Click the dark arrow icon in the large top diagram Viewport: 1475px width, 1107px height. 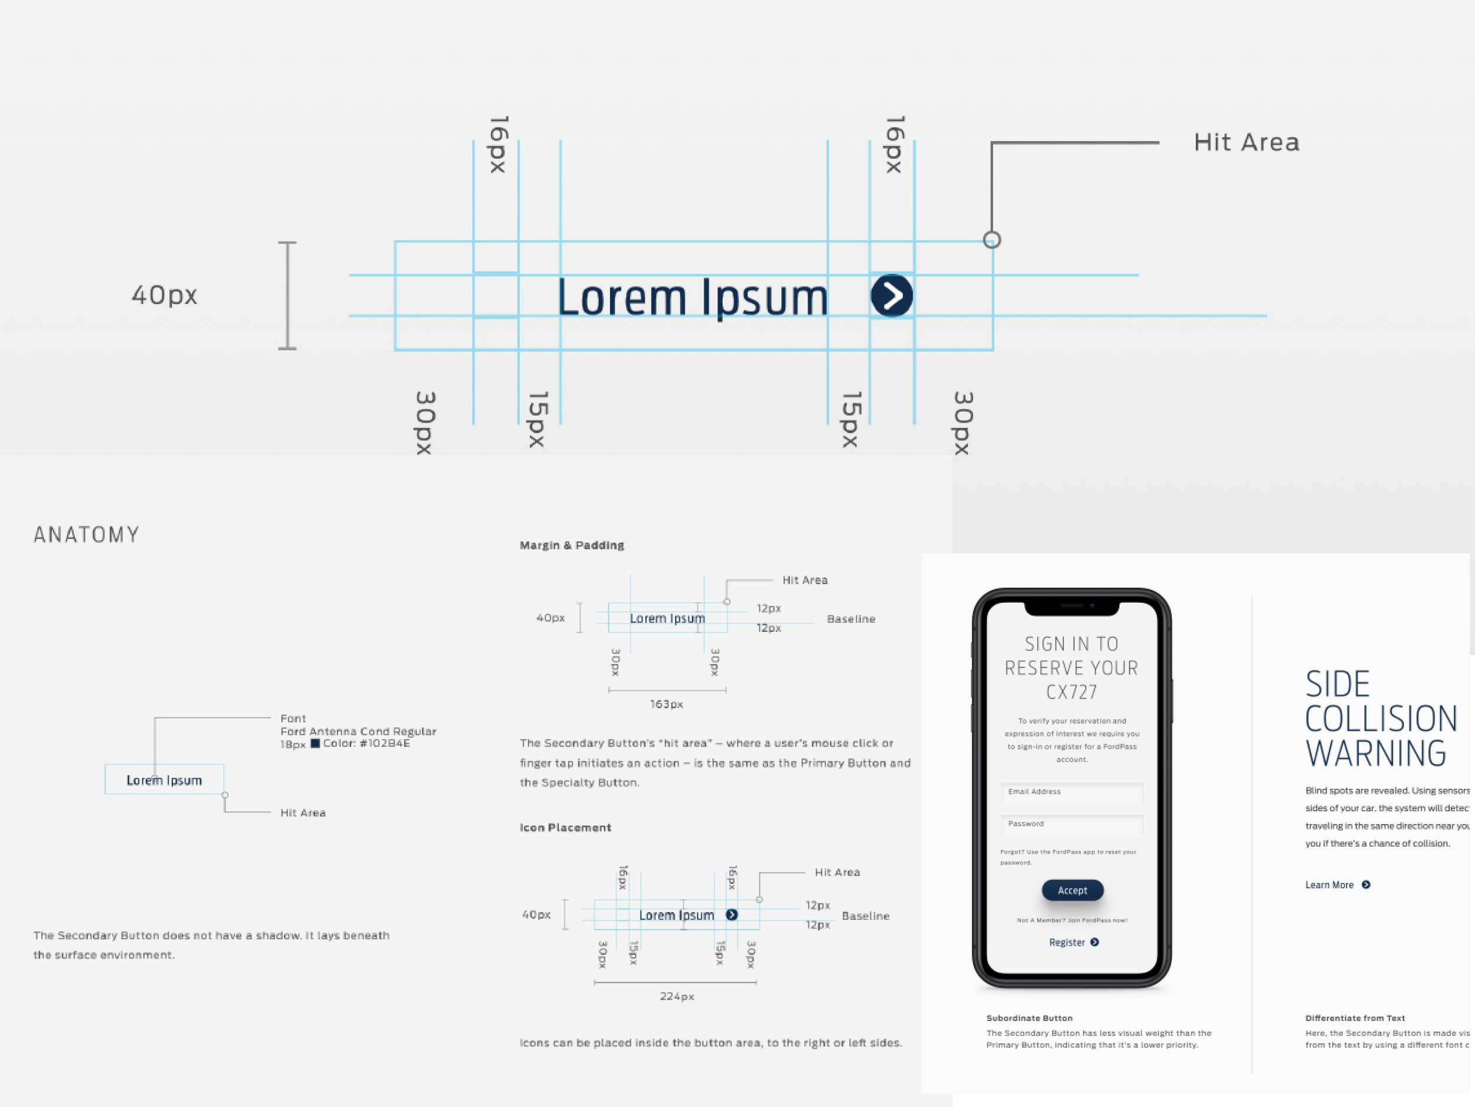click(891, 295)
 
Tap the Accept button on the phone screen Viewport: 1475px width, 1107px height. click(1072, 890)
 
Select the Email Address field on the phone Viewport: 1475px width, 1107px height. click(1071, 792)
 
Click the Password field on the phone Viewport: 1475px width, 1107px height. click(1071, 824)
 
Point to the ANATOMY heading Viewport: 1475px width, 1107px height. click(87, 534)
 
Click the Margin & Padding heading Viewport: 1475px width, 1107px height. click(572, 545)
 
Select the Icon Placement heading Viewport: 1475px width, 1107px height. click(565, 827)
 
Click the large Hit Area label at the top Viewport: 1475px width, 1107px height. click(1246, 142)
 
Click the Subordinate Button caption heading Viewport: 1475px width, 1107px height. click(1029, 1018)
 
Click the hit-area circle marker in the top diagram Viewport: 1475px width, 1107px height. click(992, 240)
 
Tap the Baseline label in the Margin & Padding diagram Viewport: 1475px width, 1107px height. click(851, 619)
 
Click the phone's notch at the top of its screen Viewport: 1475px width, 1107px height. click(1071, 607)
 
